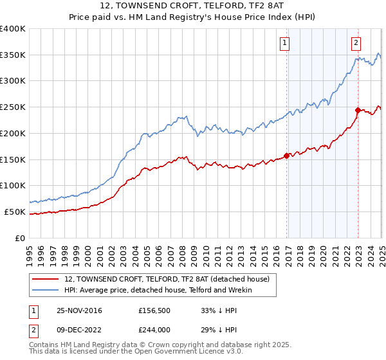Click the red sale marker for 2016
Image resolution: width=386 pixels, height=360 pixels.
(286, 156)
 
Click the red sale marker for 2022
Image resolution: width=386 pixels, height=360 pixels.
(358, 110)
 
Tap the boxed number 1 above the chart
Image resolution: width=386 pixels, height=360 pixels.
(284, 43)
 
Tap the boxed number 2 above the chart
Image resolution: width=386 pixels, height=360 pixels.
(356, 43)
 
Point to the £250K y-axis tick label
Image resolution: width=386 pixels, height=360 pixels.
(13, 107)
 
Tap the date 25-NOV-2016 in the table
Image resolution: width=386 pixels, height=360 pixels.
(79, 311)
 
